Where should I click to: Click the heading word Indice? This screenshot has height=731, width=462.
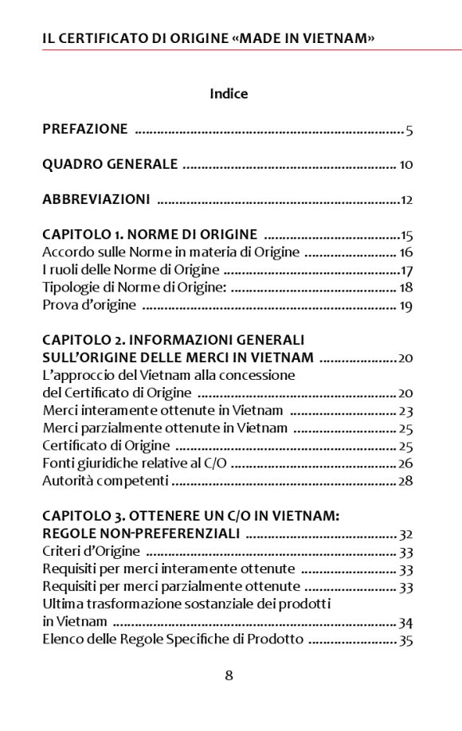click(x=229, y=94)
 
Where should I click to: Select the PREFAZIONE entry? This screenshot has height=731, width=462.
click(x=84, y=129)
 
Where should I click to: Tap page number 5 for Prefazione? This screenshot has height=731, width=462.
click(x=409, y=131)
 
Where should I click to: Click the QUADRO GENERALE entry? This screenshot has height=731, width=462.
click(x=110, y=165)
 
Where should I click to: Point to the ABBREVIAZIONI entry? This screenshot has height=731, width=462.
click(x=96, y=200)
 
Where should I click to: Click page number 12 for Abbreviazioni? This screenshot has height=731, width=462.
click(x=406, y=201)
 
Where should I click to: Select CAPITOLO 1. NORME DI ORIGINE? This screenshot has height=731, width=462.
click(x=150, y=235)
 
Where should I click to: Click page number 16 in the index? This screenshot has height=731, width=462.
click(x=406, y=253)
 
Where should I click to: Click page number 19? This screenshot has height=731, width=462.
click(x=406, y=306)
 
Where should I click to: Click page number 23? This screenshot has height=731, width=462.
click(x=406, y=412)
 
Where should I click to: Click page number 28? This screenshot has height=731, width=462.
click(x=406, y=482)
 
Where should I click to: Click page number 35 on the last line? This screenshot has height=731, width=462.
click(x=406, y=641)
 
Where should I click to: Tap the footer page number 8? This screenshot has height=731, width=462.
click(x=229, y=676)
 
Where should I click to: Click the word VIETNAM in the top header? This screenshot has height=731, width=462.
click(x=338, y=38)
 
